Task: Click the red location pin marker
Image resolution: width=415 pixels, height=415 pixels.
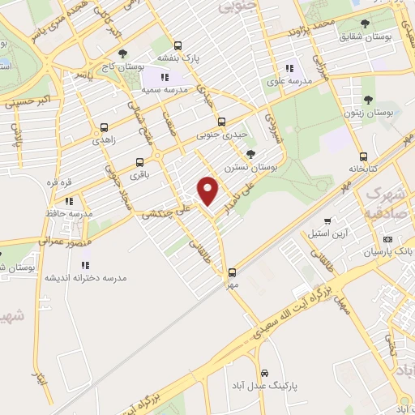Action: (x=208, y=190)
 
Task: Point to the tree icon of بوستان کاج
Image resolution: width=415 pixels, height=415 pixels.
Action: (x=122, y=53)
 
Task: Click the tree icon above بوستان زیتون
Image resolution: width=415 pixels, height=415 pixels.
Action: (x=368, y=100)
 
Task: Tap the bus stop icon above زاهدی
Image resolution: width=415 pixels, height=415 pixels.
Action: (x=104, y=126)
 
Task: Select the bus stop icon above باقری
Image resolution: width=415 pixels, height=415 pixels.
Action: (x=139, y=161)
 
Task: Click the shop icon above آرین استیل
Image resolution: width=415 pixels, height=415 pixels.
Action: (x=327, y=220)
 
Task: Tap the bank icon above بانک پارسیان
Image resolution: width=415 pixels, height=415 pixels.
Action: (x=387, y=239)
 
